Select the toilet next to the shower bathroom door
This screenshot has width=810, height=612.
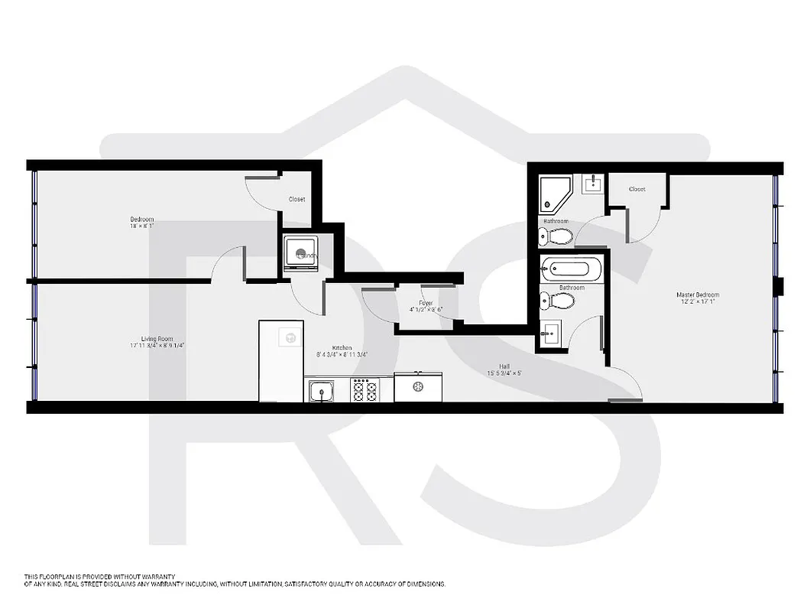[x=557, y=236]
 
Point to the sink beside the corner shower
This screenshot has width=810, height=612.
[x=592, y=183]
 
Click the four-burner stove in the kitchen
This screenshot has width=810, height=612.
[x=364, y=391]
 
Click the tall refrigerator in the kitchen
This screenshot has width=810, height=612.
[x=281, y=360]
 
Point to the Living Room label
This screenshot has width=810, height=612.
[x=157, y=338]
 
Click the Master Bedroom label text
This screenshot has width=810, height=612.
[x=697, y=295]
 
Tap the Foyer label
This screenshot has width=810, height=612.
[x=426, y=303]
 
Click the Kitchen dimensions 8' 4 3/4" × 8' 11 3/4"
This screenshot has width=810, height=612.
[x=342, y=355]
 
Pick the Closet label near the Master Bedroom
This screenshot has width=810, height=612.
[x=637, y=189]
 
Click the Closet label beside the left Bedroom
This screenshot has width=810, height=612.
[x=296, y=200]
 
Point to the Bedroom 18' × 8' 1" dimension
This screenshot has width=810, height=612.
[x=141, y=226]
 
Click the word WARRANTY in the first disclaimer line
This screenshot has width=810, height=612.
[x=157, y=576]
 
